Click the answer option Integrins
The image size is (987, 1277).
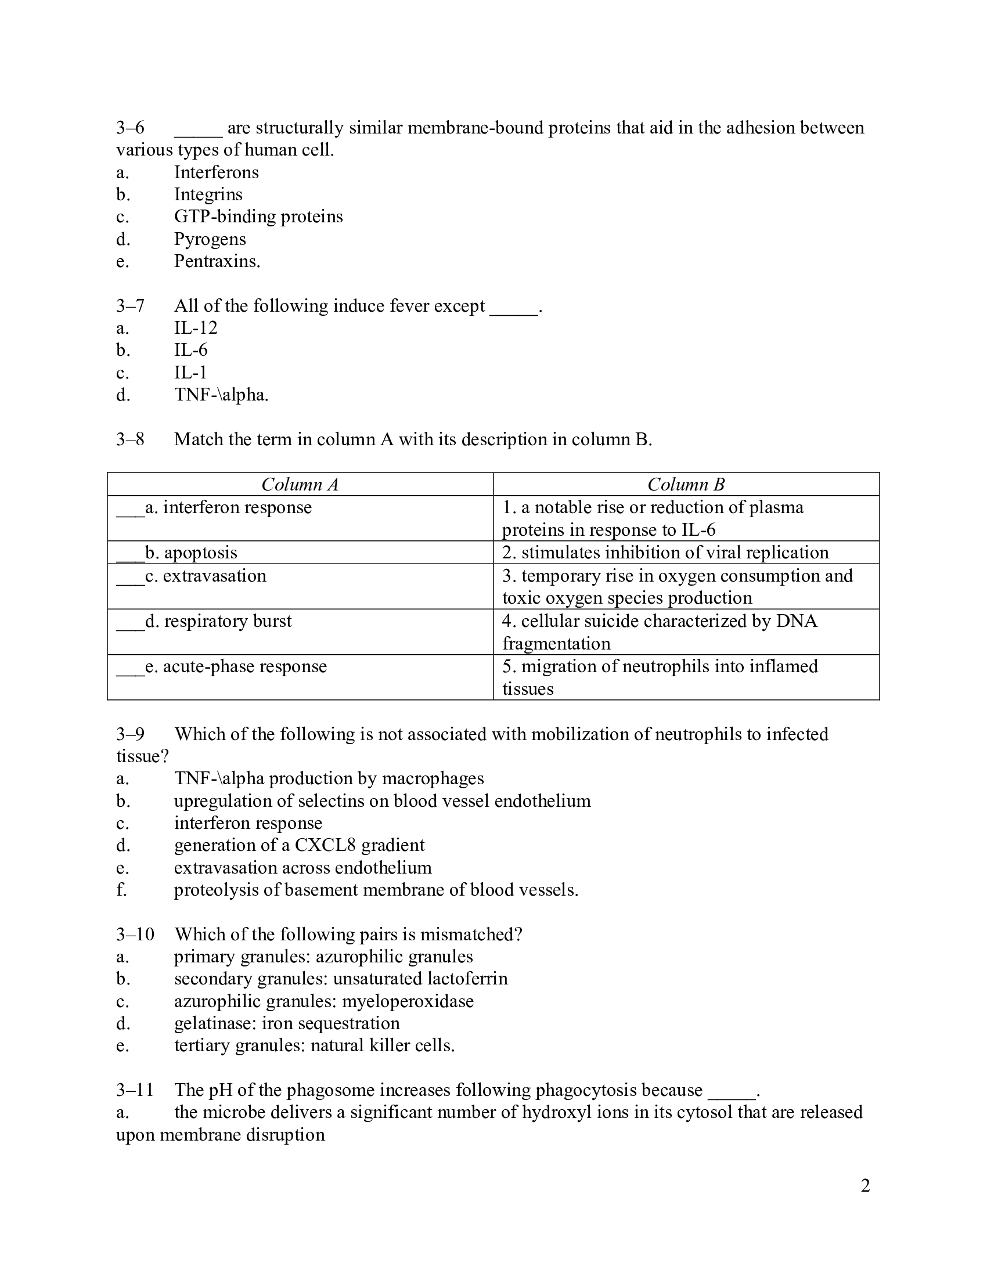[x=208, y=194]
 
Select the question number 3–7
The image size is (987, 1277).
[x=130, y=306]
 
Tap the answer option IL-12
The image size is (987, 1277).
[x=195, y=328]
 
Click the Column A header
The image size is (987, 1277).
[x=300, y=484]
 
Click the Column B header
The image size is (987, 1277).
[x=686, y=484]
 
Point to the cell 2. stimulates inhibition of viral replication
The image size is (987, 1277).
[x=665, y=553]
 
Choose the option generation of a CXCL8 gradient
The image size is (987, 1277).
[x=299, y=845]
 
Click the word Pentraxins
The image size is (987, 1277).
[x=217, y=261]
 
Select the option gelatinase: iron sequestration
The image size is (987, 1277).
[x=286, y=1023]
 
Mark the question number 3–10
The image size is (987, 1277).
[x=135, y=935]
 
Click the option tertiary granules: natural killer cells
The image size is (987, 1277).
[x=314, y=1045]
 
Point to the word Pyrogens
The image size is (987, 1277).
[x=210, y=239]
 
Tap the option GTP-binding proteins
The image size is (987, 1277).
[x=258, y=217]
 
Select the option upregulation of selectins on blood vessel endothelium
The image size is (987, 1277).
[x=382, y=800]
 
